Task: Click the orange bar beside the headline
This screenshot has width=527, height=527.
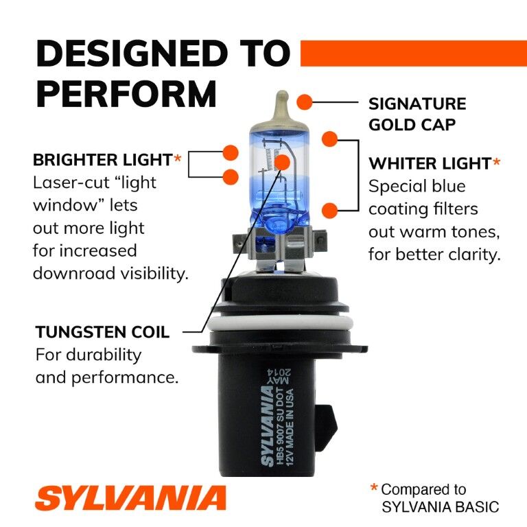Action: (413, 54)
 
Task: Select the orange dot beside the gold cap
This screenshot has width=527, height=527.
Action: (305, 103)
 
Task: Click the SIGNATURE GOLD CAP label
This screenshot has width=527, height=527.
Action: (417, 114)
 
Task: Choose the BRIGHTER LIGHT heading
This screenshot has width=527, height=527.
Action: (102, 160)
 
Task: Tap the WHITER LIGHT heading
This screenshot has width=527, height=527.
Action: (430, 163)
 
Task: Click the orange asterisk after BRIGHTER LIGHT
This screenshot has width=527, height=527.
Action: (178, 160)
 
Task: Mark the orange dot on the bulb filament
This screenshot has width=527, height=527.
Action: (282, 162)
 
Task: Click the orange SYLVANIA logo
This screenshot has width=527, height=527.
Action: (130, 497)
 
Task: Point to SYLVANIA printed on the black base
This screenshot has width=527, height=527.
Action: (267, 425)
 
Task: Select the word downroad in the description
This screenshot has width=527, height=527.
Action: (71, 273)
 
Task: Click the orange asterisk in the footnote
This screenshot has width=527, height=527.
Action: (374, 489)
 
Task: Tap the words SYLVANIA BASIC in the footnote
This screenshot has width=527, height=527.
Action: (440, 507)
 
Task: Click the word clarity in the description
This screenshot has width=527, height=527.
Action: (471, 254)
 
